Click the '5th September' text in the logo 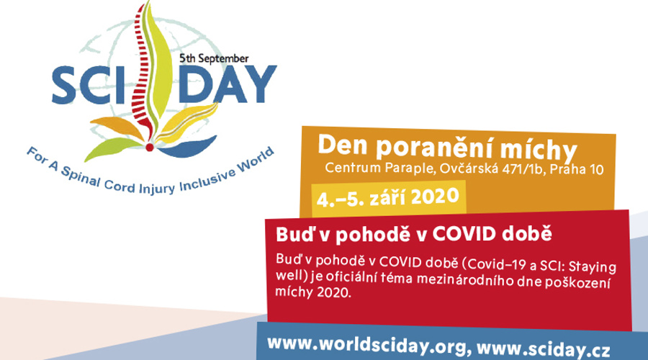coord(214,59)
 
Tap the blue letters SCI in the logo coord(89,85)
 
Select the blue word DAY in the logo coord(228,84)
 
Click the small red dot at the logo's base coord(150,147)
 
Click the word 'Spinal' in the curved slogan coord(80,176)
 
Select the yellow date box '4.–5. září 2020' coord(389,198)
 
